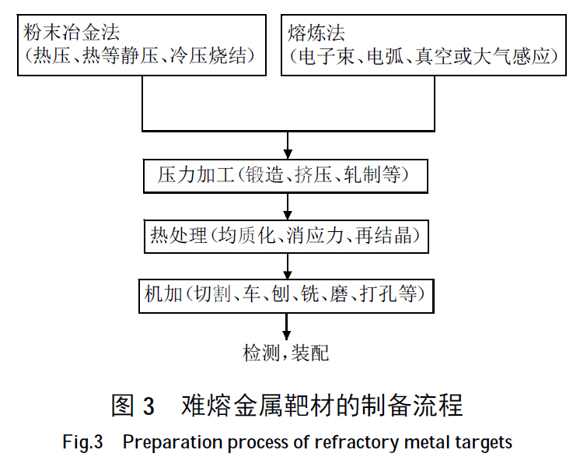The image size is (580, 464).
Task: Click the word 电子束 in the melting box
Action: (x=331, y=57)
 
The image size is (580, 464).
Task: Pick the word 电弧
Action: (x=386, y=57)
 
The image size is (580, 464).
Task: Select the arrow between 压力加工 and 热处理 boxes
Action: (x=288, y=206)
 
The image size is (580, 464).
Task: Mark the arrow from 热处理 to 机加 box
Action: (x=288, y=266)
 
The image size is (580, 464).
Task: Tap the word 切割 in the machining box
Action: (x=211, y=294)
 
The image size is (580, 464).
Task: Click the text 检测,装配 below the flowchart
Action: (x=286, y=353)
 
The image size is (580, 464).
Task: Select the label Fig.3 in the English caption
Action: (x=82, y=443)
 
